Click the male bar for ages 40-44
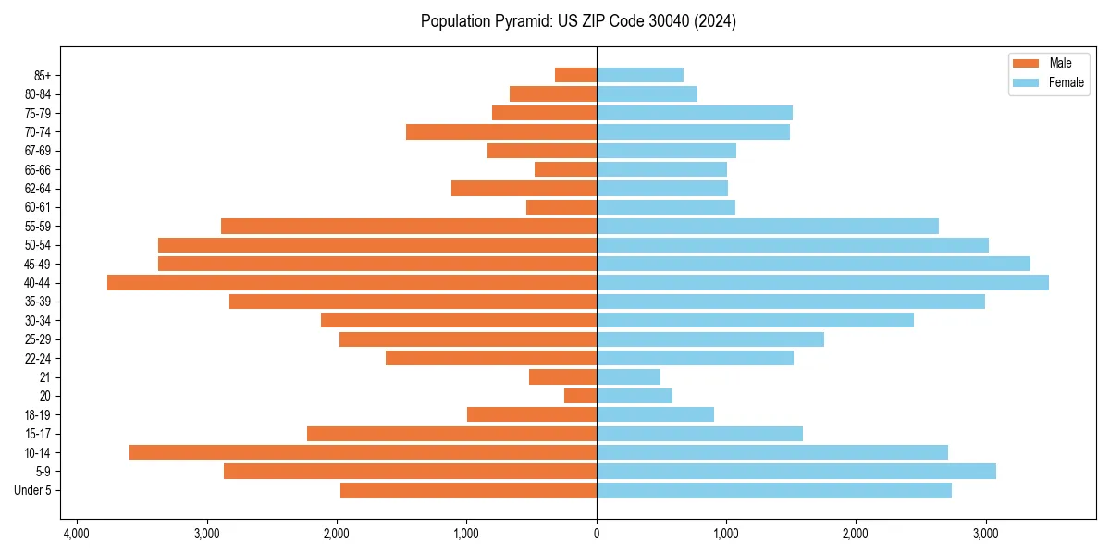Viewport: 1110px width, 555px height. point(351,283)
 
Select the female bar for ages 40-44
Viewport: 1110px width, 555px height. point(822,283)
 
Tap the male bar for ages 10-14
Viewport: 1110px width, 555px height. point(363,452)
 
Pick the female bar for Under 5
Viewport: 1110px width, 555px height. point(773,490)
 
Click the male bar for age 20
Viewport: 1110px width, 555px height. point(580,396)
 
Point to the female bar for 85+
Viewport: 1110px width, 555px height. point(639,75)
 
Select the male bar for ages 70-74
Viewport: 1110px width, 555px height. point(500,132)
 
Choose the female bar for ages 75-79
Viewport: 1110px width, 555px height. point(694,113)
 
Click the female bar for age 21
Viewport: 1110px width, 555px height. point(628,377)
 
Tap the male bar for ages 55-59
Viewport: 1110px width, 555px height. point(408,227)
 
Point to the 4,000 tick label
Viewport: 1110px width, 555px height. point(76,534)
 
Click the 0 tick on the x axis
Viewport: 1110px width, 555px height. point(597,534)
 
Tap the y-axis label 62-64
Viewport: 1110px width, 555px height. point(37,189)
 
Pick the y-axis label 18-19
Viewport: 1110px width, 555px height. point(37,415)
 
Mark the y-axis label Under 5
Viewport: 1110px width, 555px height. point(32,490)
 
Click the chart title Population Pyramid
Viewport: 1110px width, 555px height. point(578,21)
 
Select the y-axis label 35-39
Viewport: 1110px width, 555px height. point(37,302)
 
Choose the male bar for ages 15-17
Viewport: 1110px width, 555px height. point(451,434)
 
